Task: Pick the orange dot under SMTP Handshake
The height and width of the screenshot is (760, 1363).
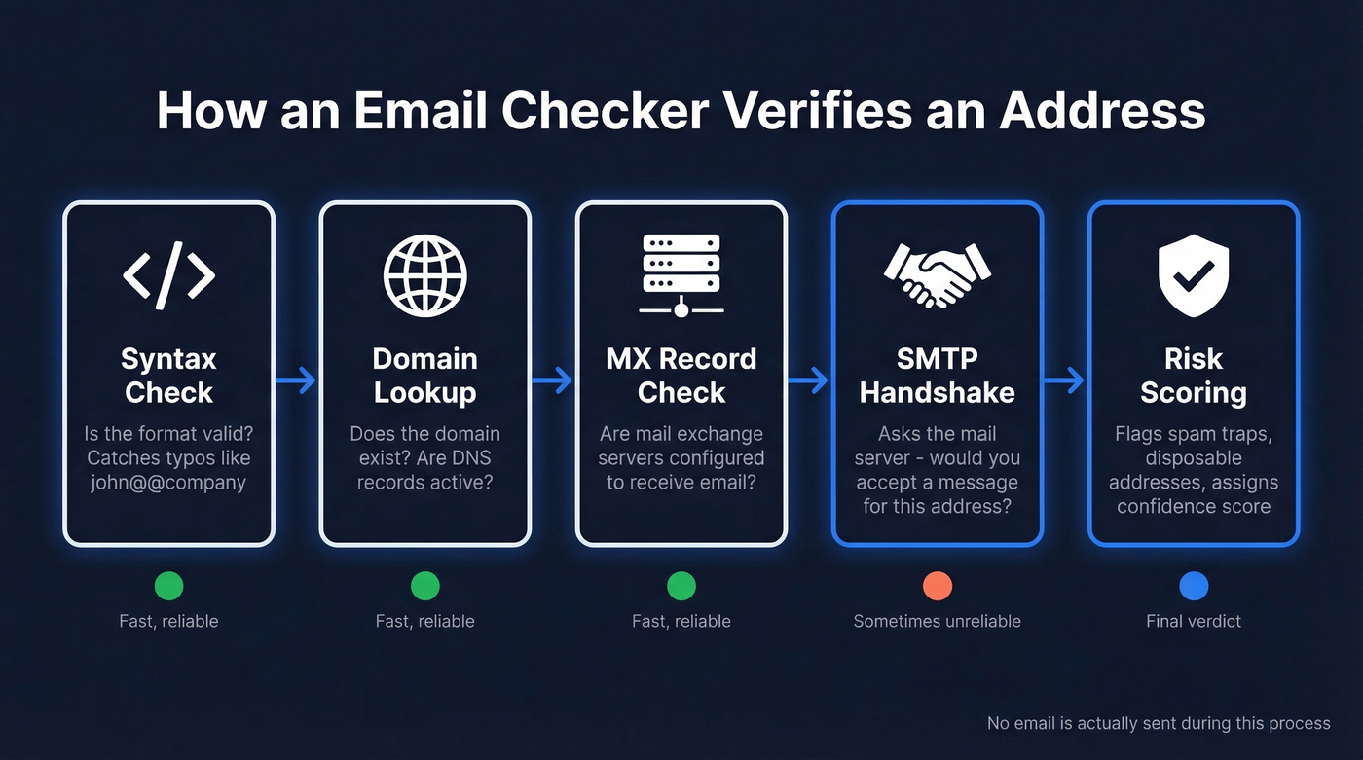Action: click(x=937, y=586)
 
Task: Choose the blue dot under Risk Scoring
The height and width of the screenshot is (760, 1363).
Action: click(x=1194, y=586)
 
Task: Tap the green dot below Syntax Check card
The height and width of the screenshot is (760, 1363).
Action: click(x=168, y=586)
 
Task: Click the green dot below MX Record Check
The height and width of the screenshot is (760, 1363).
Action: click(x=681, y=586)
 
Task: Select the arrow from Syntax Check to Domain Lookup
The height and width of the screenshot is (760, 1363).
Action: click(x=297, y=380)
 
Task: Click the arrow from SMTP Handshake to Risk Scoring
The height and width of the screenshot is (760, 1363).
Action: click(x=1065, y=380)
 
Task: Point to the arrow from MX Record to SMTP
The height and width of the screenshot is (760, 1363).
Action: click(x=809, y=380)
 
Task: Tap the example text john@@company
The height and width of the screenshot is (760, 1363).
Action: click(x=168, y=482)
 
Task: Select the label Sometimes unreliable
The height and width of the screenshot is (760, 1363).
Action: click(x=937, y=621)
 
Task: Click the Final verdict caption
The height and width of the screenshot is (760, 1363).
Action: click(x=1194, y=621)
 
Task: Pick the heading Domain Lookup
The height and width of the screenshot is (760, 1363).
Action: click(x=425, y=376)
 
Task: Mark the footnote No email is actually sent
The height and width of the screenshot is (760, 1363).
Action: click(x=1158, y=723)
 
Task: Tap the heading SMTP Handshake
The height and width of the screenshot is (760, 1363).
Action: click(x=937, y=376)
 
